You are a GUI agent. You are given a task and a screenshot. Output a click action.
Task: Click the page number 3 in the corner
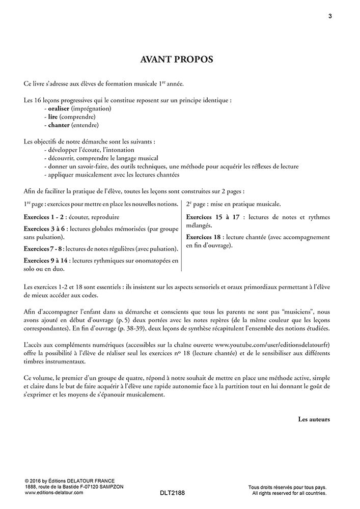330,16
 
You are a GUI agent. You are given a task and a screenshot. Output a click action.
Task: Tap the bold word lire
51,117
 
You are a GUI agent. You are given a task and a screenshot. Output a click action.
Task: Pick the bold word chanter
58,125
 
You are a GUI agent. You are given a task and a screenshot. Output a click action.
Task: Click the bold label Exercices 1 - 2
43,217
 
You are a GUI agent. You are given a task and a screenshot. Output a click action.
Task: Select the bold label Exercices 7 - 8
43,249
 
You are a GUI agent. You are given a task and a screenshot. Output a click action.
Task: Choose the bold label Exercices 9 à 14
46,261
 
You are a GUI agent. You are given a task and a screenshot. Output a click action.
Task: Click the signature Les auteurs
314,419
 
